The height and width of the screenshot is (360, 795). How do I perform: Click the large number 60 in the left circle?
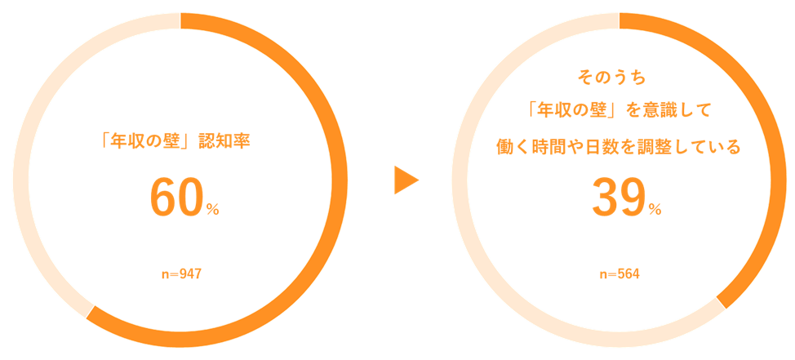[x=175, y=198]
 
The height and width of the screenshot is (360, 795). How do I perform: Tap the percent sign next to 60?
[x=212, y=210]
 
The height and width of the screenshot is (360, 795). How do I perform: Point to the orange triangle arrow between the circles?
[x=405, y=180]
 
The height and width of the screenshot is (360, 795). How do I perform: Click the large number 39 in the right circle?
[x=617, y=198]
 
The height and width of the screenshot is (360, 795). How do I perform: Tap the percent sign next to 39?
[x=655, y=210]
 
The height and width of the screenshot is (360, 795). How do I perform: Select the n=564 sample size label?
[x=620, y=274]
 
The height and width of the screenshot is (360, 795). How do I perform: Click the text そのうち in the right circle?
[x=611, y=77]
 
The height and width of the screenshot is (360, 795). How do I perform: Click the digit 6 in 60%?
[x=162, y=198]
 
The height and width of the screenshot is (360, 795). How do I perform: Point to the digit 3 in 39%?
[x=604, y=198]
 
